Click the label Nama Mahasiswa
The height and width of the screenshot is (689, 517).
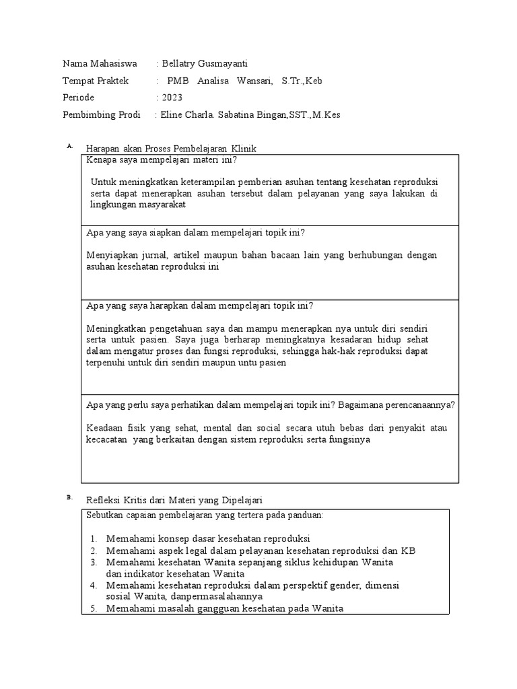(x=99, y=64)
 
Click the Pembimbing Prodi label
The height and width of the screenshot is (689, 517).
(x=101, y=115)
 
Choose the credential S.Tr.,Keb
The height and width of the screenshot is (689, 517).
(x=302, y=81)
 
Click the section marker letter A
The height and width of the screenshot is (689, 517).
(x=69, y=145)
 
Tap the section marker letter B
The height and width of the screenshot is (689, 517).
(x=69, y=498)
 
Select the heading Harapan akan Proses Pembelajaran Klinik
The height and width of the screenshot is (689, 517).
(x=171, y=148)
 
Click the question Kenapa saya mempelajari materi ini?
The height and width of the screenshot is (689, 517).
(x=162, y=160)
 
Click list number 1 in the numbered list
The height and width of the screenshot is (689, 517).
(x=93, y=538)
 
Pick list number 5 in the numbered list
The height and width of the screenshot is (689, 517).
(x=93, y=608)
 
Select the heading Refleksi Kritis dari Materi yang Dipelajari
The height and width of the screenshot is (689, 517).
(x=174, y=501)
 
